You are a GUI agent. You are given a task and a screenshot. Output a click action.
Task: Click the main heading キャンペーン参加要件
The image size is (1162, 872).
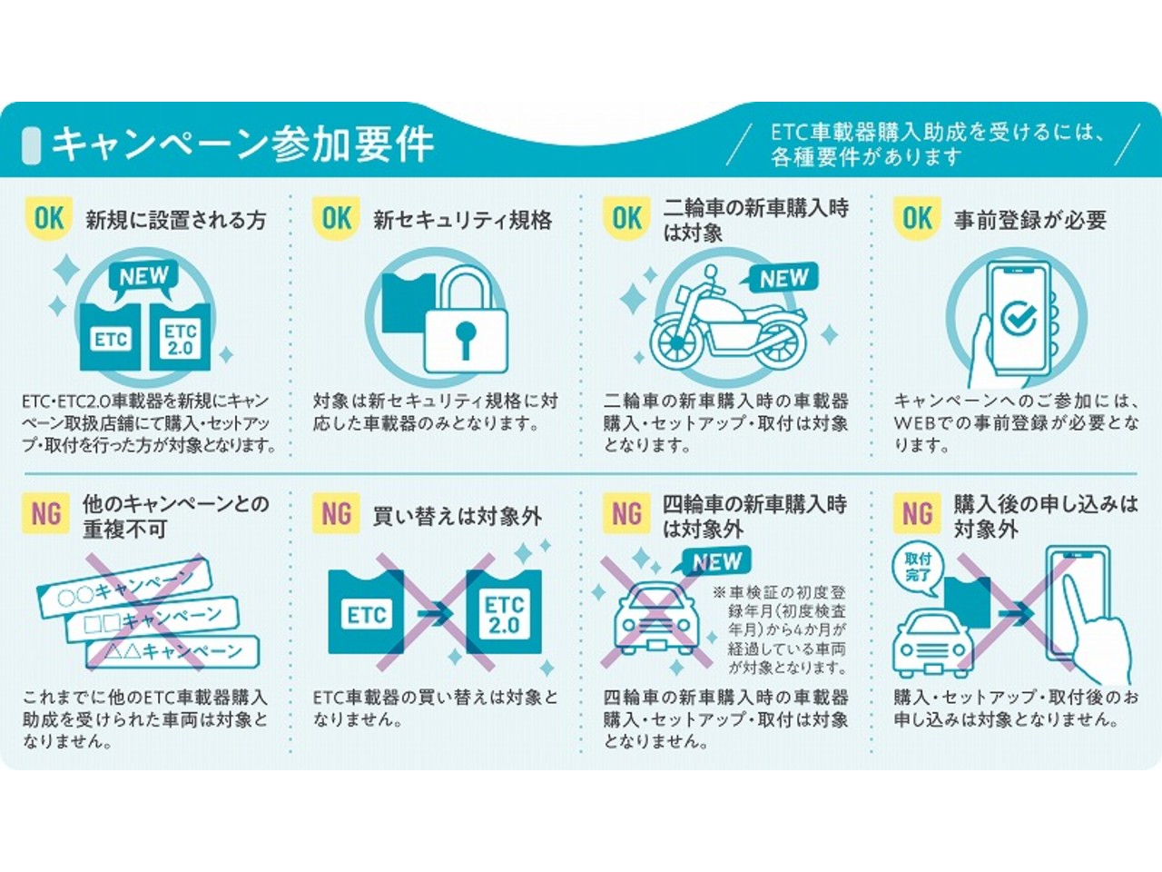click(x=242, y=144)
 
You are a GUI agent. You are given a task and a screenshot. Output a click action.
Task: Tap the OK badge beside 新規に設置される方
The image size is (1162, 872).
click(x=49, y=219)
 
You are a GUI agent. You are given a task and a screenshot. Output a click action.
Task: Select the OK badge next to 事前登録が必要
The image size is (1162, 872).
click(x=918, y=219)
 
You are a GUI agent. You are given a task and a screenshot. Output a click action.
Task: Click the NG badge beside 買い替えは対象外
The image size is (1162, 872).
click(x=336, y=513)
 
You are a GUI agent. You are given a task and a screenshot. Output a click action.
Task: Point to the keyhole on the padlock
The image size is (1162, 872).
click(x=466, y=340)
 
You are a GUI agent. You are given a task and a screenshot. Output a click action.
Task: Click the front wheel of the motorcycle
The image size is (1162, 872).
click(x=677, y=342)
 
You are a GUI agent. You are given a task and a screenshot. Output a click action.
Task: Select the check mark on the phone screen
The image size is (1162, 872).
click(x=1019, y=319)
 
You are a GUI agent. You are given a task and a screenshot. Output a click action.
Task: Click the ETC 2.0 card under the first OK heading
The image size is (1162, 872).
click(x=180, y=337)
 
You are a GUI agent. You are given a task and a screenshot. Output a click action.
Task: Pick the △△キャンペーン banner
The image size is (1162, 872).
click(x=172, y=652)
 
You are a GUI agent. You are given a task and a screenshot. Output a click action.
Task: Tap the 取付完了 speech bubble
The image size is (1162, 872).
click(x=919, y=573)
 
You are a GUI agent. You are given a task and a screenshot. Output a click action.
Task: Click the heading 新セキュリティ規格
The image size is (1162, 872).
click(x=463, y=219)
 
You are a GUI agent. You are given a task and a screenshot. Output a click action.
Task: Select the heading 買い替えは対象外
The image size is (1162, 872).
click(x=458, y=516)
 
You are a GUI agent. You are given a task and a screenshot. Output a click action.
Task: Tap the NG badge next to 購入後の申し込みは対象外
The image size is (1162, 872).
click(x=918, y=513)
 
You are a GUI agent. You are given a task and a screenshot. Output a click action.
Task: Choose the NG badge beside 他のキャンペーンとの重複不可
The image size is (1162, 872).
click(x=46, y=513)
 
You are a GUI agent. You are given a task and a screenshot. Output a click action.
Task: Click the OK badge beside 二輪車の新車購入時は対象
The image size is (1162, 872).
click(x=627, y=219)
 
